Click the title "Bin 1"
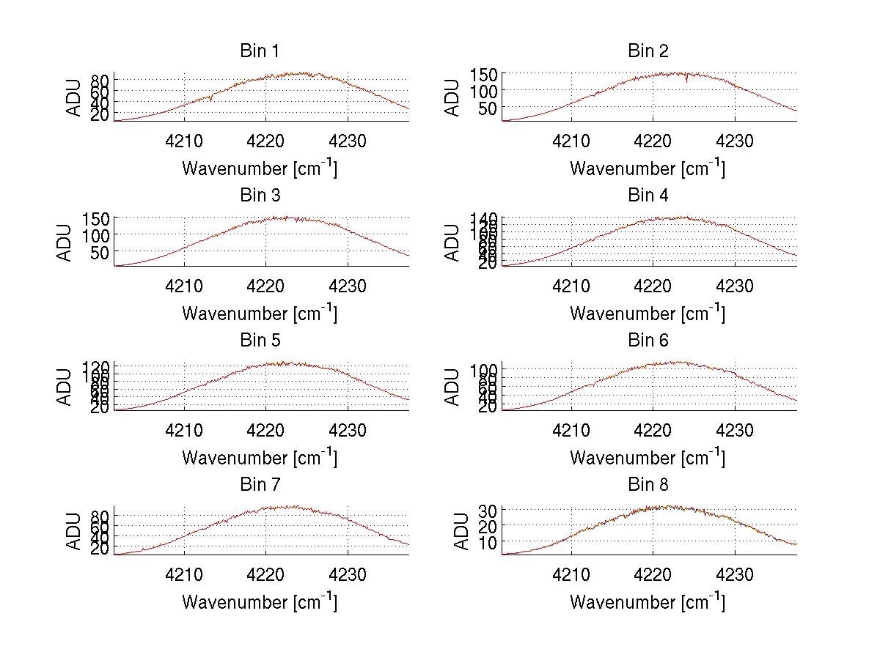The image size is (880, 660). click(x=260, y=51)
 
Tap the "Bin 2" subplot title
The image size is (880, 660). click(x=648, y=51)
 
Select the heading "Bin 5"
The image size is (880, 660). click(x=260, y=341)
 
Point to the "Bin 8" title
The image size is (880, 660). click(x=648, y=485)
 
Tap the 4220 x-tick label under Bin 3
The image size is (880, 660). click(x=265, y=286)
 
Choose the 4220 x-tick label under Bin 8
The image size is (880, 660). click(x=653, y=576)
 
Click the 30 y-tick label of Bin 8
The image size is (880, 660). click(x=489, y=509)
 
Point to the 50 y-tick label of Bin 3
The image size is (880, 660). click(x=100, y=252)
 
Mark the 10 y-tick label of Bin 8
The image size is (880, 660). click(x=489, y=542)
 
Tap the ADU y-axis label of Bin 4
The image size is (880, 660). click(x=453, y=241)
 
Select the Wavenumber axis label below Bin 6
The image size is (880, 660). click(x=648, y=458)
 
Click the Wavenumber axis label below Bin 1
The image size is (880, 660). click(x=260, y=168)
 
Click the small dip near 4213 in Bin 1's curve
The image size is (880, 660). click(x=210, y=99)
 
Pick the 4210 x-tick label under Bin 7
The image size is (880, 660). click(x=183, y=576)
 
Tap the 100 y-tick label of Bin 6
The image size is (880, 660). click(x=484, y=369)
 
